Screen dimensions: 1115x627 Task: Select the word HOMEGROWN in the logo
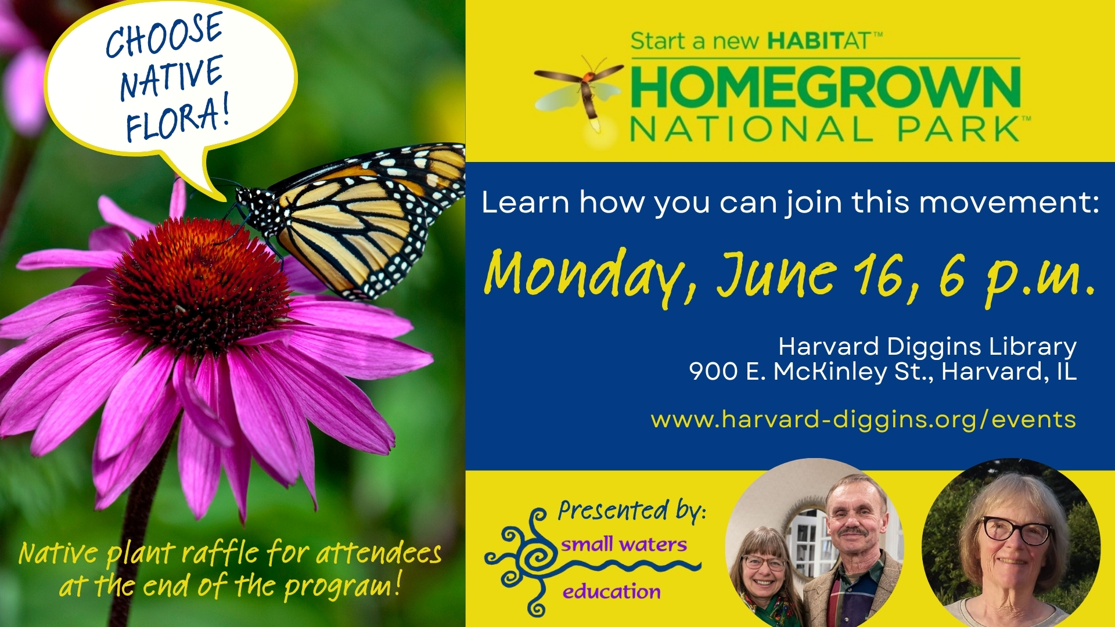pos(825,87)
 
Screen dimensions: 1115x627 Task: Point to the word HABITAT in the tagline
pos(819,41)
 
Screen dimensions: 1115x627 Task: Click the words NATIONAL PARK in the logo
pos(825,129)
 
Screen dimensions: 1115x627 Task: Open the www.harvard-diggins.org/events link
pos(864,420)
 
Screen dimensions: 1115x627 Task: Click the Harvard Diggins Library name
pos(927,347)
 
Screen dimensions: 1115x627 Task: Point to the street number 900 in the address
pos(713,372)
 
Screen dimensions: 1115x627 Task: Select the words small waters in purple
pos(624,544)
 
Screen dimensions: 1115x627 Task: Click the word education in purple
pos(612,592)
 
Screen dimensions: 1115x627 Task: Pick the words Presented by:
pos(632,511)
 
